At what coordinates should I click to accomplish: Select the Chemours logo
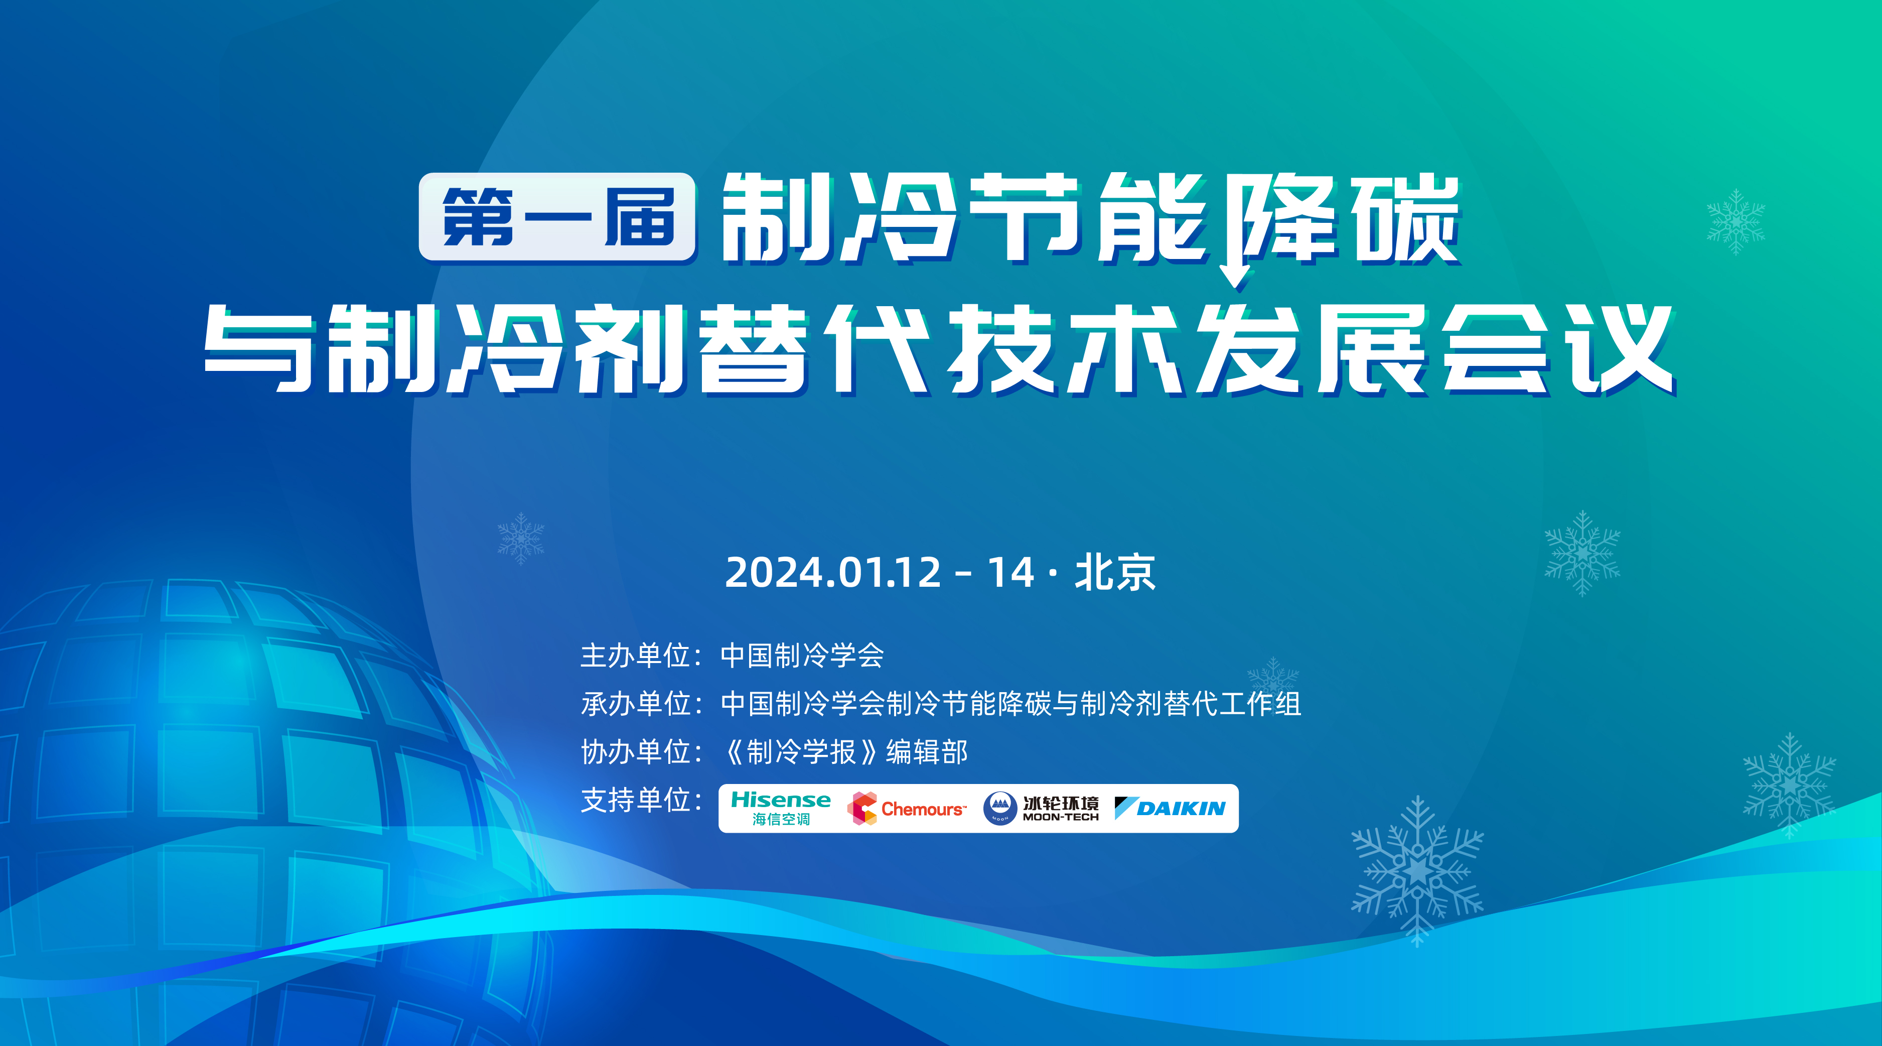907,809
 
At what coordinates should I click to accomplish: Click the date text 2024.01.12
833,572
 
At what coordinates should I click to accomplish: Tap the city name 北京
1115,572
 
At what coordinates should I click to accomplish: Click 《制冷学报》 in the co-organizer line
801,751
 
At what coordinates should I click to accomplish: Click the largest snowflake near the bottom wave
1417,871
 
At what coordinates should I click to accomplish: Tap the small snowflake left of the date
521,539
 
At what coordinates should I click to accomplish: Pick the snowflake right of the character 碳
1736,221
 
